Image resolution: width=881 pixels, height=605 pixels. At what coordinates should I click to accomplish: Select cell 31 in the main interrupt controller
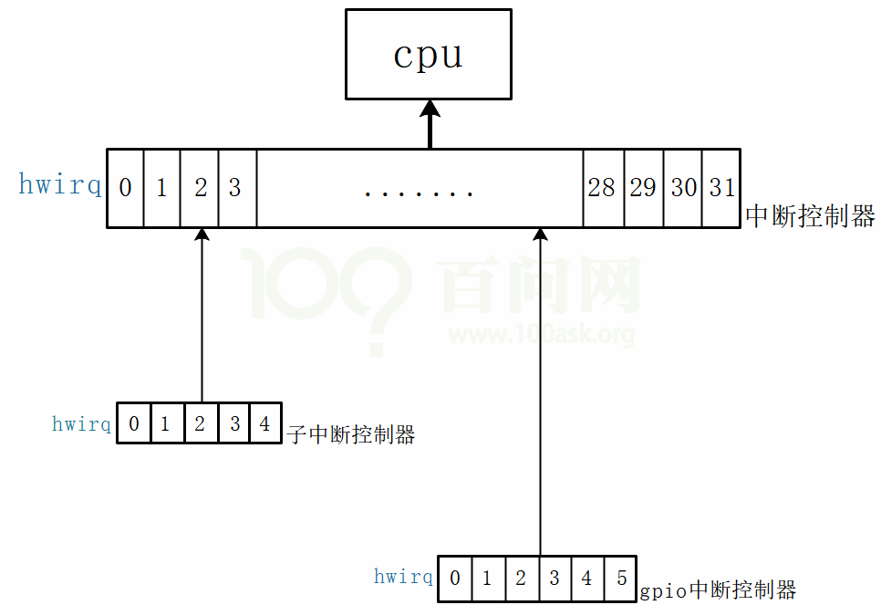click(x=721, y=188)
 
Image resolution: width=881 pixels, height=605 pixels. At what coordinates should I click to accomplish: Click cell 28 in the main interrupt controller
click(x=602, y=188)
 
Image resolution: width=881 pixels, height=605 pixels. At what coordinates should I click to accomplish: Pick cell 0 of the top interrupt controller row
click(x=125, y=188)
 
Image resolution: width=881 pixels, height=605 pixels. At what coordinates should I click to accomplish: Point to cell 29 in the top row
click(x=643, y=188)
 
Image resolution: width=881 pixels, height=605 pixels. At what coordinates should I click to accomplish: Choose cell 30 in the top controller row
click(x=683, y=188)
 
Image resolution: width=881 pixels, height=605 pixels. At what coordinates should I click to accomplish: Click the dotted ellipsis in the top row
click(x=419, y=193)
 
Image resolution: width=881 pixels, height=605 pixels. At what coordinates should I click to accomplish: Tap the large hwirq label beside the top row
click(x=60, y=185)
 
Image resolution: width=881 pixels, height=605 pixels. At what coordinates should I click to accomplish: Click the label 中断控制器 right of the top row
click(x=810, y=216)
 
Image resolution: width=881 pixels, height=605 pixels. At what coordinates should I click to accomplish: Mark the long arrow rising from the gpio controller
click(x=540, y=392)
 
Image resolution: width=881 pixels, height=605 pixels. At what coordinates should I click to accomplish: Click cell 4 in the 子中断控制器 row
click(x=264, y=424)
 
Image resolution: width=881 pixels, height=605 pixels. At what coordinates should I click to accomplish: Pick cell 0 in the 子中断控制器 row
click(x=134, y=424)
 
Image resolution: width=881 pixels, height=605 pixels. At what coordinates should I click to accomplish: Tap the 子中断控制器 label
click(x=351, y=434)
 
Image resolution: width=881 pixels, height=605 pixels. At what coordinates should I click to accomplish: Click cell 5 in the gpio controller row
click(x=620, y=579)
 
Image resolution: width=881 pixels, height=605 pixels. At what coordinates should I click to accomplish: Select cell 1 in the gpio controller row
click(x=487, y=579)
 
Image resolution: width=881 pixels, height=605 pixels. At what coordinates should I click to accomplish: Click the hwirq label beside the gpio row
click(x=403, y=577)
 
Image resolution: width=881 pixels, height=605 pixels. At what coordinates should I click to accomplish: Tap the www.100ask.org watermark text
click(x=541, y=335)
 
